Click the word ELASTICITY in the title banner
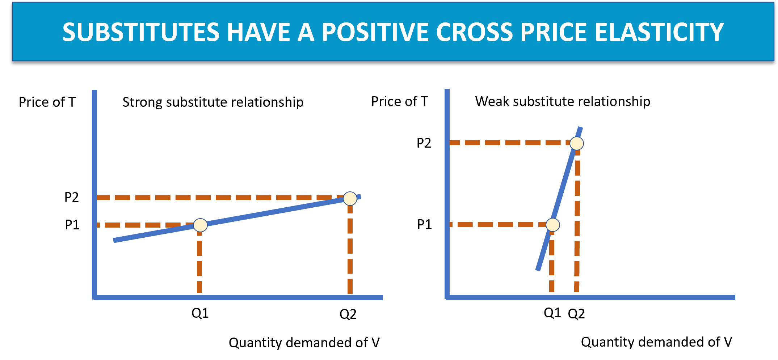pos(659,32)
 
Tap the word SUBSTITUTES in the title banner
pos(141,32)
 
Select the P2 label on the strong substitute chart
pos(72,197)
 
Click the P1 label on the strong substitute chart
pos(72,225)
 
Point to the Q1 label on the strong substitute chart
pos(200,313)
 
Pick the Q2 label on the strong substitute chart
pos(348,314)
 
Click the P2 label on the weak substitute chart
pos(424,143)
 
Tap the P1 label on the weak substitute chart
pos(424,224)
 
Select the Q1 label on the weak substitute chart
pos(552,313)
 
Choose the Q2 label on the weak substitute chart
pos(576,314)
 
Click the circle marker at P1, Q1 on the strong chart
pos(200,225)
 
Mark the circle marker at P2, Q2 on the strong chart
pos(350,198)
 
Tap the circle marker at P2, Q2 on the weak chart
pos(577,143)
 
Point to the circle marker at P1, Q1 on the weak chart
pos(553,225)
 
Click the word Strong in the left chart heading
pos(143,102)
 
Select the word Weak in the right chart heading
pos(492,101)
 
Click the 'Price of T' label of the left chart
pos(47,102)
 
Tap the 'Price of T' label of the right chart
pos(399,101)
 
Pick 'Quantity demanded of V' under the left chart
pos(304,343)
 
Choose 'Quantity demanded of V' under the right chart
pos(656,342)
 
